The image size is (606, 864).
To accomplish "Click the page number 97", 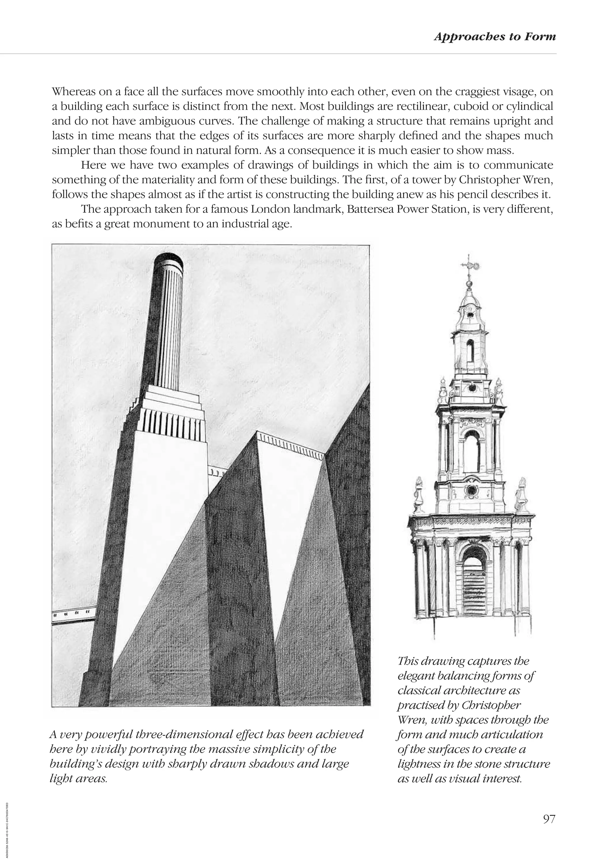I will [x=549, y=819].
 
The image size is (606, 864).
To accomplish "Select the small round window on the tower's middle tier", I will [x=471, y=490].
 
